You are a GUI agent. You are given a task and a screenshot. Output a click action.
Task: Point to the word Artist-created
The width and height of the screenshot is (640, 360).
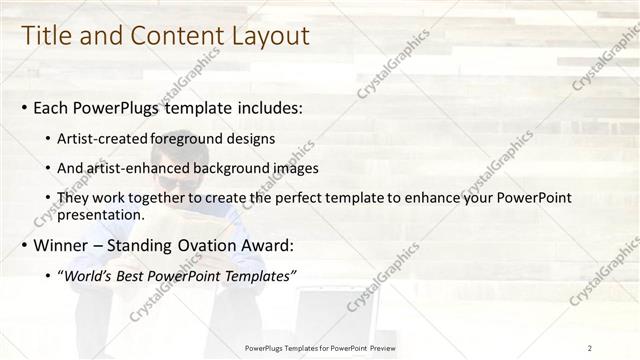pos(104,139)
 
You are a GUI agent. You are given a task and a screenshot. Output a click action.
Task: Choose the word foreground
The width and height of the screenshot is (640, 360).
pos(191,139)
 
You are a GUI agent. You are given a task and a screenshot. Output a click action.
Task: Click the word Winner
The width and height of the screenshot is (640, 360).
pos(62,245)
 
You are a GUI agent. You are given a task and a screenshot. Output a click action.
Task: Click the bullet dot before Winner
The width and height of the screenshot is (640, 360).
pos(25,246)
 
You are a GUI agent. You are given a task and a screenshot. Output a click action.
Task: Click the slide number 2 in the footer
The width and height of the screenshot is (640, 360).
pos(590,348)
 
